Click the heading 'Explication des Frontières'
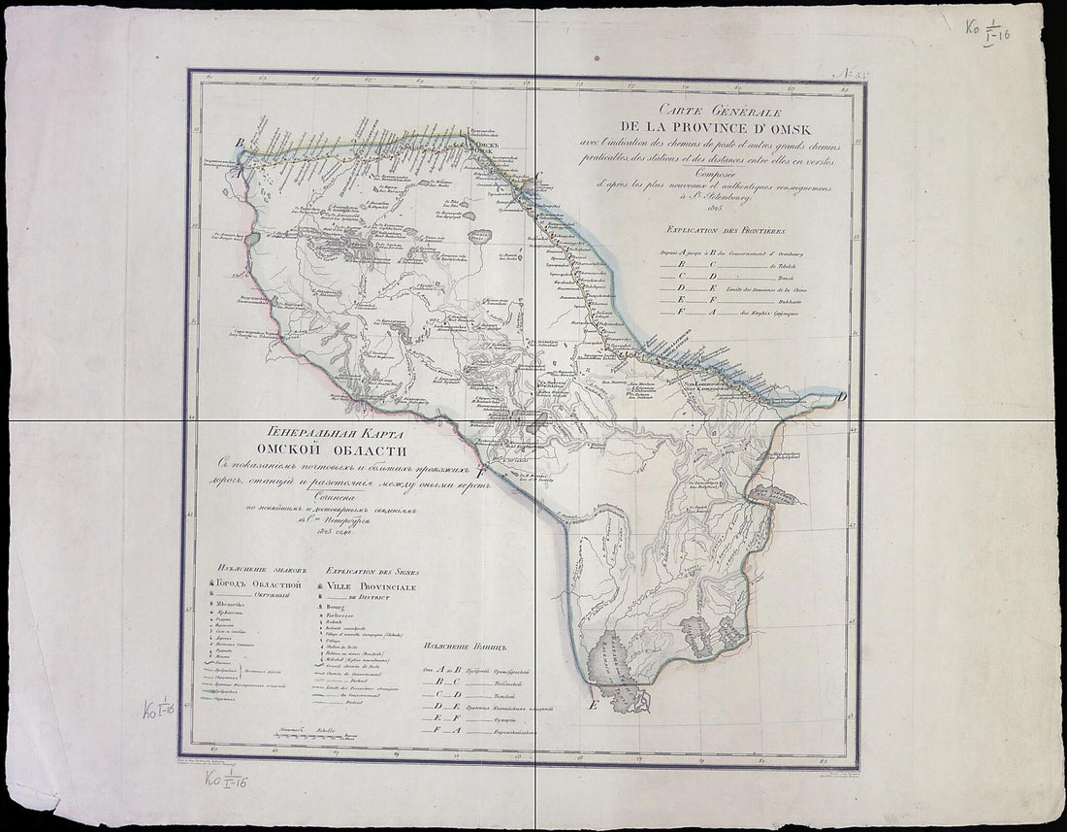pos(720,230)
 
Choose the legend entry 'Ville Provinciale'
pos(372,587)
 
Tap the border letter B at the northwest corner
pos(239,144)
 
